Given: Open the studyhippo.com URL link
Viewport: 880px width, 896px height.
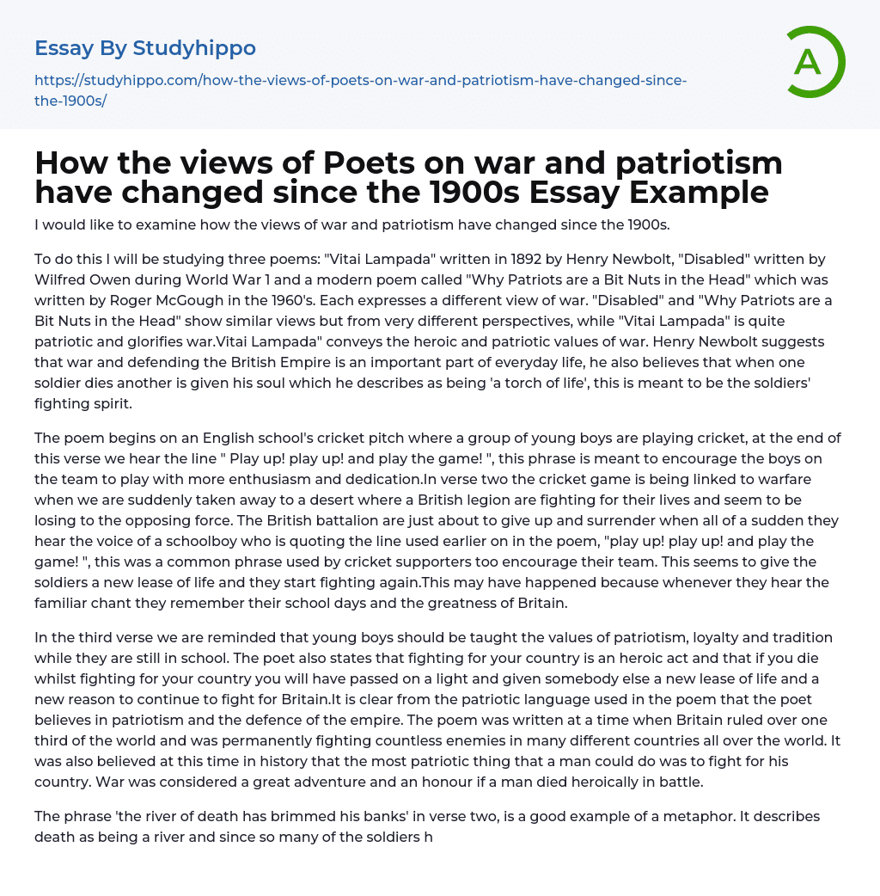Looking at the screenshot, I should (360, 80).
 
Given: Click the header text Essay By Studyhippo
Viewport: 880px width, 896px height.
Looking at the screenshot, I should (145, 48).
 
